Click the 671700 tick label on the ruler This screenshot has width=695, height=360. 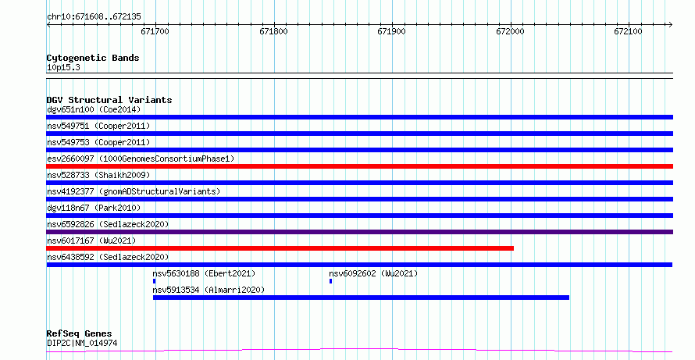[155, 31]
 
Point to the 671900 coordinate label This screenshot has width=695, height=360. [391, 31]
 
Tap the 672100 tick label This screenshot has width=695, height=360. [628, 31]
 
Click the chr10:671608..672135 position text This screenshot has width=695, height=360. [94, 17]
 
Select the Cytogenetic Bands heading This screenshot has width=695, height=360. [93, 58]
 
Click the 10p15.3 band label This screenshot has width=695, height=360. [63, 68]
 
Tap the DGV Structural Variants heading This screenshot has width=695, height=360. [109, 100]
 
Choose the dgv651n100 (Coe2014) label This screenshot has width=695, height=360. [94, 109]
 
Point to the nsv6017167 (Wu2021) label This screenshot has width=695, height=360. [91, 241]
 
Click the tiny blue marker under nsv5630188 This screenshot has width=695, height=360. [155, 281]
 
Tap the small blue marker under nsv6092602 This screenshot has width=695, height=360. [330, 281]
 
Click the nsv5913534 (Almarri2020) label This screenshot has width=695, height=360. [208, 290]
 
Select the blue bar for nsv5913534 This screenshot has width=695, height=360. [361, 298]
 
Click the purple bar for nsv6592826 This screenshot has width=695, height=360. [359, 232]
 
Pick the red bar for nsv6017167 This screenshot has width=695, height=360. [280, 248]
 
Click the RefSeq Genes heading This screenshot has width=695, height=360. [80, 333]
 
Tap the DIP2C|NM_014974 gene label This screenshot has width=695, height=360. [82, 343]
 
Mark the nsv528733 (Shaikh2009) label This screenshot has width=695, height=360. [98, 175]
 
